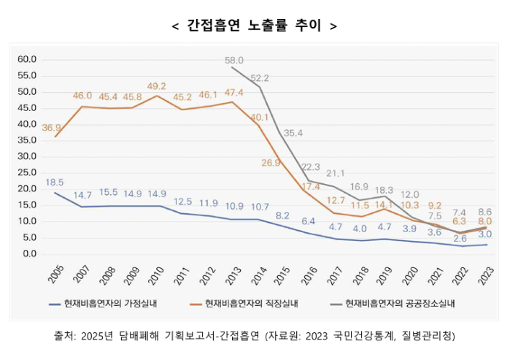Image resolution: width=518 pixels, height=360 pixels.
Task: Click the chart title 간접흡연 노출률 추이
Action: (253, 26)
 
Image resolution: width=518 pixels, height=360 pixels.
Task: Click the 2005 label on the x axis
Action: (55, 275)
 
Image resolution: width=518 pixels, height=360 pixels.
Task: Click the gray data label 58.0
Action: (234, 61)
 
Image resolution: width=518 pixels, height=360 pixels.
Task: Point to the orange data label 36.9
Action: (52, 128)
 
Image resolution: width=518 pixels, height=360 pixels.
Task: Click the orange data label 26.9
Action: (271, 163)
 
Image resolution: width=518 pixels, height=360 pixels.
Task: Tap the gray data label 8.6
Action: (484, 211)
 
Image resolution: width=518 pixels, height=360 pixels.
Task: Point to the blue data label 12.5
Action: (182, 202)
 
